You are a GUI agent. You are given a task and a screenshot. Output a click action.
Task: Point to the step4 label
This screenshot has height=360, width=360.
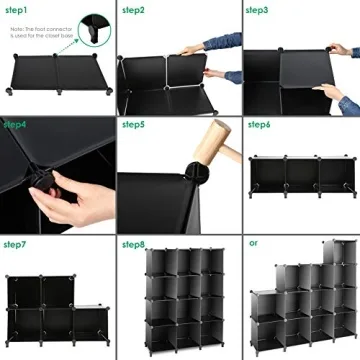pyautogui.click(x=15, y=125)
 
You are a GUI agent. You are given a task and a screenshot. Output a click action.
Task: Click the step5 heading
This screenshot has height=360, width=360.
pyautogui.click(x=133, y=125)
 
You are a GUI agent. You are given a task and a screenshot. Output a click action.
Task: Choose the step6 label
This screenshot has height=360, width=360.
pyautogui.click(x=259, y=125)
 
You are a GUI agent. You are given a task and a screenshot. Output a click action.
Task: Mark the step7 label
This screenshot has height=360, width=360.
pyautogui.click(x=15, y=244)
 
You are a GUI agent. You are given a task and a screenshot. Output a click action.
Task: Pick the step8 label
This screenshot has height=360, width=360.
pyautogui.click(x=133, y=244)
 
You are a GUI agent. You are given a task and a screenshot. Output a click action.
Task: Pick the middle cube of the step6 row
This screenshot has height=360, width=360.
pyautogui.click(x=299, y=178)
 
